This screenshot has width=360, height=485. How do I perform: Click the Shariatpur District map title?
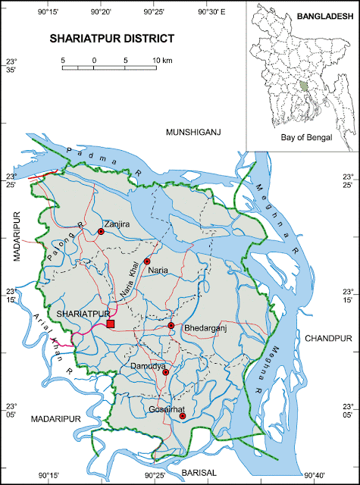tap(111, 37)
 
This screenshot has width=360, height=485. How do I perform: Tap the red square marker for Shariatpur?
tap(111, 324)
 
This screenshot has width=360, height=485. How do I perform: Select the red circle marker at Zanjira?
tap(101, 232)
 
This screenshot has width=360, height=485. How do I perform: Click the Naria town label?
tap(158, 270)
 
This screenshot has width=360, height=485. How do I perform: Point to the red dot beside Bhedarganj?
tap(171, 326)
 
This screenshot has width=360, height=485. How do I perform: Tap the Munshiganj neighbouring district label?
tap(193, 133)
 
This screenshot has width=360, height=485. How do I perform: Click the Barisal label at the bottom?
tap(204, 471)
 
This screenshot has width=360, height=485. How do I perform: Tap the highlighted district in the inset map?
tap(305, 86)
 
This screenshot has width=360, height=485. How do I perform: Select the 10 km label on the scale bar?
tap(161, 59)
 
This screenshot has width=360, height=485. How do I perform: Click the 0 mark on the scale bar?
tap(94, 59)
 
